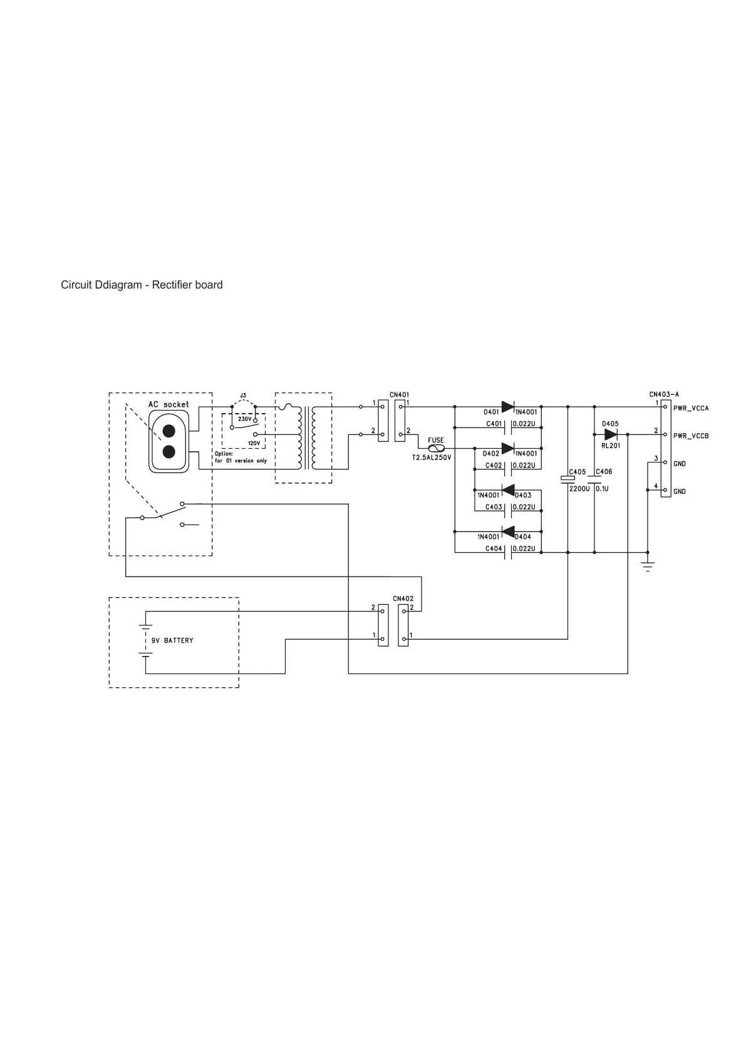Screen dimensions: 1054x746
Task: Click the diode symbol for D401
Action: tap(508, 407)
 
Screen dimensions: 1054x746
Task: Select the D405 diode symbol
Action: tap(611, 434)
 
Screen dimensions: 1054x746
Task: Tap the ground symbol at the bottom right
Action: tap(648, 566)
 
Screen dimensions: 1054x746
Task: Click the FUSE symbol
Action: tap(436, 449)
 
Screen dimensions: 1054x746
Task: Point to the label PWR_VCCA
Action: tap(691, 409)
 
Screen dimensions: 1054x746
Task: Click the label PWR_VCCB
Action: tap(691, 436)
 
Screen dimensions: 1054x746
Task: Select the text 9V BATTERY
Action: tap(172, 641)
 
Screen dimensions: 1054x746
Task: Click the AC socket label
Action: tap(168, 405)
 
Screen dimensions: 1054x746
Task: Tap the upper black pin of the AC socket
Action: tap(168, 431)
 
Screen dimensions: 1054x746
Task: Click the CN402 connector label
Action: tap(403, 599)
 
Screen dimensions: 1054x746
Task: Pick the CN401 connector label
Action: tap(400, 395)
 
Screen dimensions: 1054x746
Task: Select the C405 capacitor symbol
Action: tap(567, 479)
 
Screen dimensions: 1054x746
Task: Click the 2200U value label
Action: tap(579, 489)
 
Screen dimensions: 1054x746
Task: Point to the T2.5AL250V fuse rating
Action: tap(431, 458)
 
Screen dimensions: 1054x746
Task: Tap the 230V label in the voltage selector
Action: tap(244, 419)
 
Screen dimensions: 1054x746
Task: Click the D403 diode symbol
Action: tap(508, 489)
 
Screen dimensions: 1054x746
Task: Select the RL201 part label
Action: tap(611, 446)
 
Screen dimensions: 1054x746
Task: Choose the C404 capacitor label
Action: tap(494, 549)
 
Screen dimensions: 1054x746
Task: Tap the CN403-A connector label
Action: tap(664, 395)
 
